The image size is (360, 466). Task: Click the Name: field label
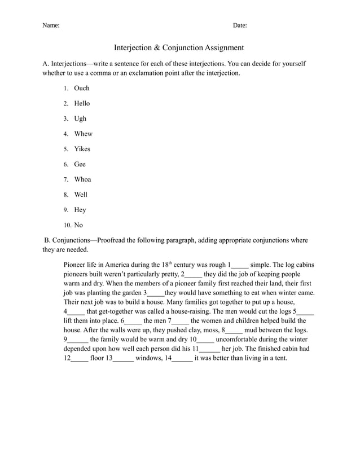point(51,25)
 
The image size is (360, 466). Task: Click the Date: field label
point(240,25)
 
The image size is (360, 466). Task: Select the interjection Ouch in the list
point(82,88)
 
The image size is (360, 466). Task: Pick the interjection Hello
point(82,103)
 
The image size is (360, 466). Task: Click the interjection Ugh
point(80,118)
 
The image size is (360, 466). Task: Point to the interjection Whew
point(83,134)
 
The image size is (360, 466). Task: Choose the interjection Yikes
point(82,149)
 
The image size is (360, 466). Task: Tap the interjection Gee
point(80,164)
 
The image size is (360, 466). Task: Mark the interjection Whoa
point(82,179)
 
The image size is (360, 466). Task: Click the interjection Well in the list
point(81,195)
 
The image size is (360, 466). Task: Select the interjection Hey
point(80,210)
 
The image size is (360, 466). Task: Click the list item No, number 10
point(78,225)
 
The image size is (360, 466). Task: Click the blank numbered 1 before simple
point(239,265)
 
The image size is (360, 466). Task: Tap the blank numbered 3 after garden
point(155,293)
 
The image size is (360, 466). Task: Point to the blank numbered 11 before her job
point(209,349)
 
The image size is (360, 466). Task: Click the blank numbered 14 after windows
point(182,358)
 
